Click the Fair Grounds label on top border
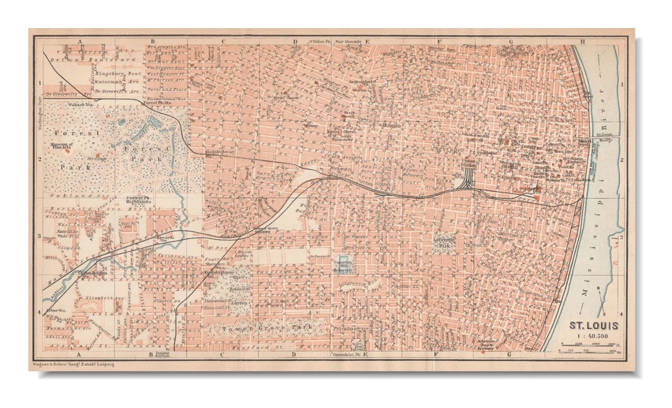click(348, 42)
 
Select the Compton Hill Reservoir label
click(342, 265)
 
